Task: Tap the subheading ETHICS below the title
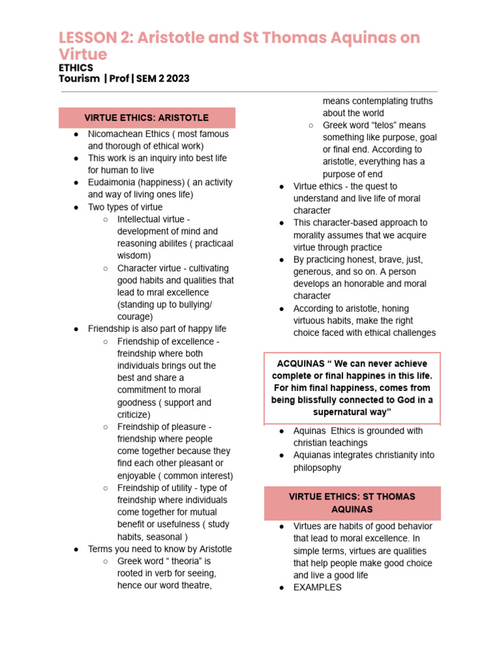(x=76, y=68)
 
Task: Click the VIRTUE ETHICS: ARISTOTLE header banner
(x=147, y=118)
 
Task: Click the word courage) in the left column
(x=135, y=317)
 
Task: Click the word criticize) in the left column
(x=134, y=414)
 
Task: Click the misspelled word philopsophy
(x=317, y=468)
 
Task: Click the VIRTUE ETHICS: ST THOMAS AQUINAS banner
(x=352, y=503)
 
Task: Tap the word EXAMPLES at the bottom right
(x=317, y=587)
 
